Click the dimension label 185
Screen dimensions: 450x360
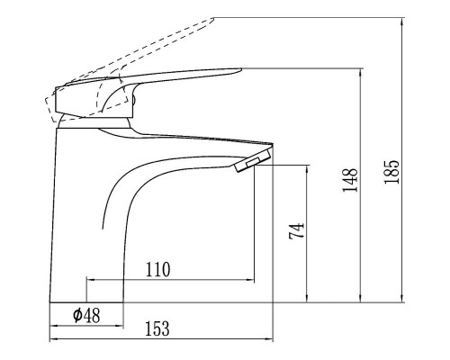pos(391,172)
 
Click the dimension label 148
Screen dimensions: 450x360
pos(350,180)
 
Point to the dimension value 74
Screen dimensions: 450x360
pos(296,230)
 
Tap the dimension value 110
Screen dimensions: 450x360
pos(157,269)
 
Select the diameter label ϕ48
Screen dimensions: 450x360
pos(86,316)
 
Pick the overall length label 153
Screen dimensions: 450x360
pos(157,328)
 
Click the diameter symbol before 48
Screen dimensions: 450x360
pos(77,316)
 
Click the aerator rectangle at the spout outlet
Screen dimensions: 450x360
pos(253,163)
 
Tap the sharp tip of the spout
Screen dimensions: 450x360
pos(273,144)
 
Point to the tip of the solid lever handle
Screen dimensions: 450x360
pos(241,69)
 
